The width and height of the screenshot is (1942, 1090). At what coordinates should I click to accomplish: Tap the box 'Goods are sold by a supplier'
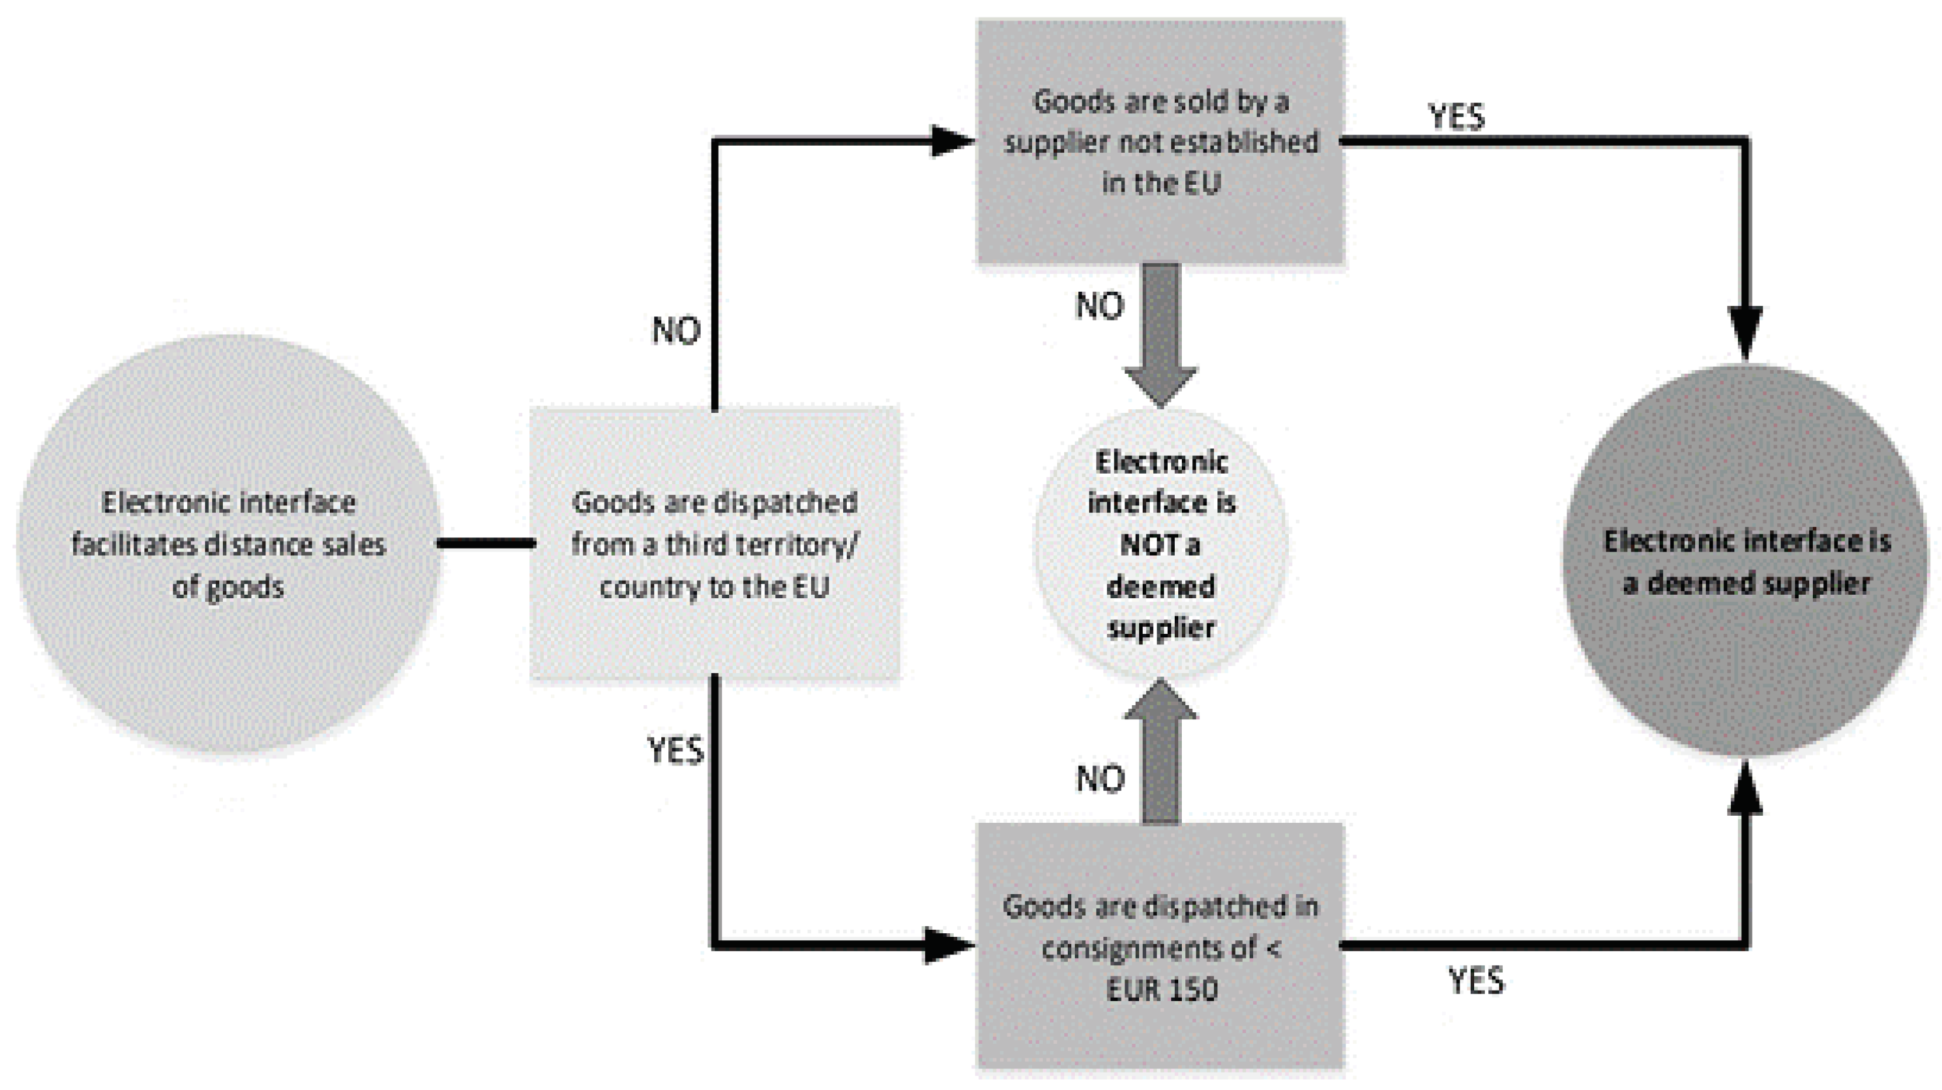pyautogui.click(x=1160, y=142)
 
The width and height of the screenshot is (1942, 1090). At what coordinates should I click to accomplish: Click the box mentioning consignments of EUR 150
pyautogui.click(x=1160, y=946)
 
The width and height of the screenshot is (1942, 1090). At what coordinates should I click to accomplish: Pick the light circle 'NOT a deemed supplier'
pyautogui.click(x=1160, y=544)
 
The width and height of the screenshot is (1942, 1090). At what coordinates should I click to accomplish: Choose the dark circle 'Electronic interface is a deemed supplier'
pyautogui.click(x=1746, y=561)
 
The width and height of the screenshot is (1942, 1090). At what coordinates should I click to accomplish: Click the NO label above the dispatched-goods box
pyautogui.click(x=676, y=331)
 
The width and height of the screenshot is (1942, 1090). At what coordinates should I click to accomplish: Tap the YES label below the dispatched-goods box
pyautogui.click(x=675, y=750)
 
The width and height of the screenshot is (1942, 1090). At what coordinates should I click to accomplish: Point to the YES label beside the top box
pyautogui.click(x=1457, y=117)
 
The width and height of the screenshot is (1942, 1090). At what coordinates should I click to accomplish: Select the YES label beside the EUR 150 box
pyautogui.click(x=1475, y=981)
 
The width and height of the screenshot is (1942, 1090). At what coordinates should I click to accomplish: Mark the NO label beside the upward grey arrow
pyautogui.click(x=1101, y=779)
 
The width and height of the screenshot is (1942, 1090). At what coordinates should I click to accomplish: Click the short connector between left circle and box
pyautogui.click(x=487, y=543)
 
